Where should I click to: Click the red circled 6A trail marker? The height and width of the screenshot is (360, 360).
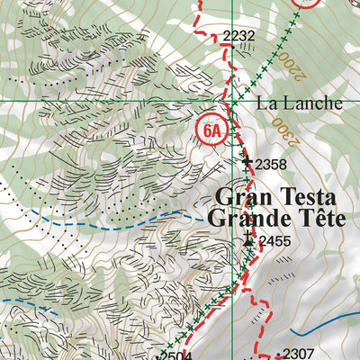point(211,131)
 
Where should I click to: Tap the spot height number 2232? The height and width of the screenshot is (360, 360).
point(238,36)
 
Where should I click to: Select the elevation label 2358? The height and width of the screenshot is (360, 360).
point(271,164)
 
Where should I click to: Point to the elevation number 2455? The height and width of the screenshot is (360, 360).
point(274,241)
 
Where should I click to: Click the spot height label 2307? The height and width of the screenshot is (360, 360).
point(301,354)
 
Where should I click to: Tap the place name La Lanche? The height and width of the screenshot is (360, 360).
point(300,103)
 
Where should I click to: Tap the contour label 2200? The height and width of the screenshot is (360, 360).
point(288,62)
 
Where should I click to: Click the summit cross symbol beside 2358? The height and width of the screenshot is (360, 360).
point(247,163)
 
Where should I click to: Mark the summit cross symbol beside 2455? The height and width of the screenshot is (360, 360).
point(249,239)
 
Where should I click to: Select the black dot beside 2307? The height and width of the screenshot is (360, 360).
point(279,355)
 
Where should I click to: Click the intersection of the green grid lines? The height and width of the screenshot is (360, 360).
point(231,102)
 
